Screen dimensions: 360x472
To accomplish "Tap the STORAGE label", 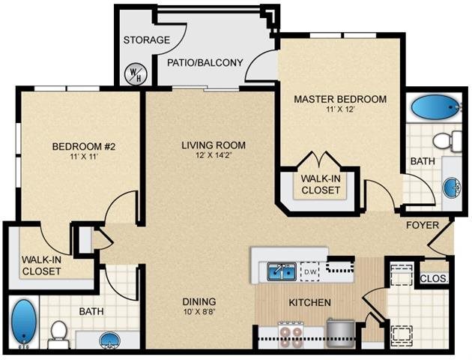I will pos(146,40).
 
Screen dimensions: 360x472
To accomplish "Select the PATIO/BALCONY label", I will pos(205,62).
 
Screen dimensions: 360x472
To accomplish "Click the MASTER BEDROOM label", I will pos(340,99).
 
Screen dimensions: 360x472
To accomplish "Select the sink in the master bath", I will pos(452,187).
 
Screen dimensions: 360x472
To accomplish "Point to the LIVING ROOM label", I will pos(214,145).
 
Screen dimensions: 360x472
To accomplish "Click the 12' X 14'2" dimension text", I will pos(214,157).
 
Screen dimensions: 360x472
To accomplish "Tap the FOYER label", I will pos(422,225).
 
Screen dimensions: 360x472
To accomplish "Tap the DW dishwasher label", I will pos(310,271).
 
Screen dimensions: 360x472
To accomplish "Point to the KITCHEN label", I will pos(310,303).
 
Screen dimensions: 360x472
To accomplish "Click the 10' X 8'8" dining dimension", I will pos(199,313).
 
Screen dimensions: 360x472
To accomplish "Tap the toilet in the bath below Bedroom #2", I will pos(58,334).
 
